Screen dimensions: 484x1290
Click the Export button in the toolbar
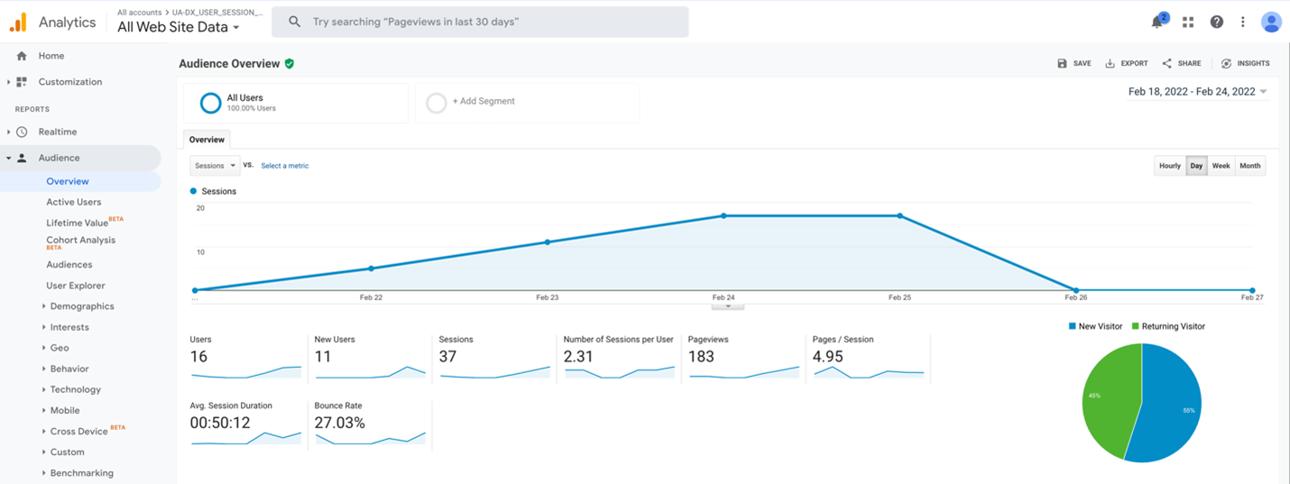[x=1127, y=64]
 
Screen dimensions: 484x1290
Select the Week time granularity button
[x=1221, y=166]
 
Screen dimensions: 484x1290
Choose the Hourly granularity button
[x=1169, y=166]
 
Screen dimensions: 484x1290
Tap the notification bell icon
[x=1156, y=23]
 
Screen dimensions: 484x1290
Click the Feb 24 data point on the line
[x=723, y=216]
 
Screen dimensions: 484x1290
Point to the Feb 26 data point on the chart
[x=1075, y=290]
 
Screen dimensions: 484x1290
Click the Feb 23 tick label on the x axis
[x=547, y=297]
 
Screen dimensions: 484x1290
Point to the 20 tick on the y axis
[x=200, y=208]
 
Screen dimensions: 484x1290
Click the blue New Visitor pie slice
[x=1173, y=406]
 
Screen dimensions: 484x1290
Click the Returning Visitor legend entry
[x=1167, y=326]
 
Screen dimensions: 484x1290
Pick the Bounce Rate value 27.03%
[x=339, y=423]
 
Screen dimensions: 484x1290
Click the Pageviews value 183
[x=701, y=357]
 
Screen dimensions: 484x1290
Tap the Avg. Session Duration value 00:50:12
[x=219, y=423]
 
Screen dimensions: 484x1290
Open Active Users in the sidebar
[x=74, y=202]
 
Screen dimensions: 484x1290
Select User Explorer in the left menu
[x=76, y=286]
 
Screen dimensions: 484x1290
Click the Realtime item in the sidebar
[x=58, y=132]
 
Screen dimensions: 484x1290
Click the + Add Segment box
[x=527, y=102]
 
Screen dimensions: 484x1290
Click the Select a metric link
[x=285, y=166]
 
